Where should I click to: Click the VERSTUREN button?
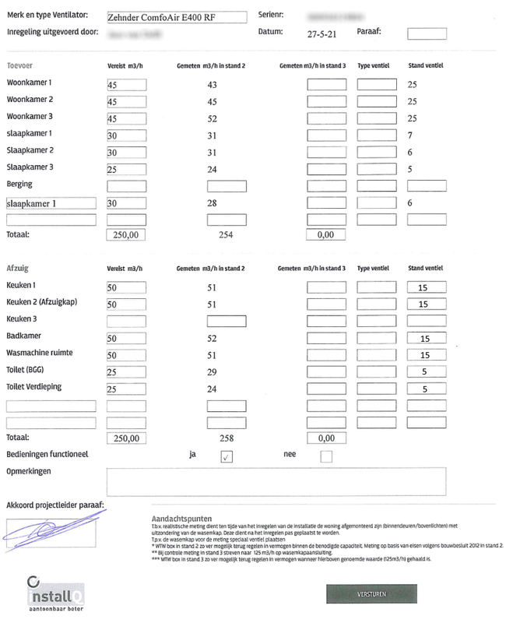point(371,593)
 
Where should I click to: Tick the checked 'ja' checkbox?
point(227,456)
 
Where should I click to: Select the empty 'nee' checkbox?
point(326,456)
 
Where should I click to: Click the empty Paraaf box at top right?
point(427,33)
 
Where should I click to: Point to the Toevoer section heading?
point(19,66)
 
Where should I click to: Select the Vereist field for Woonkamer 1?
point(127,85)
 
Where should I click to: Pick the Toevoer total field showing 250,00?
point(127,234)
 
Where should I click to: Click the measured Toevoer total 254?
point(227,234)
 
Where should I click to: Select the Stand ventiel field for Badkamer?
point(427,338)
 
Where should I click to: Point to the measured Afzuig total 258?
point(227,438)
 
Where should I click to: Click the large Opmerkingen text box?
point(276,481)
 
